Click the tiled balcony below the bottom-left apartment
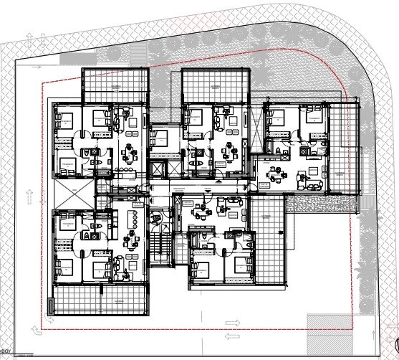100,299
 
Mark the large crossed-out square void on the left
75,194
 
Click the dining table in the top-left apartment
130,153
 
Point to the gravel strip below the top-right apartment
322,204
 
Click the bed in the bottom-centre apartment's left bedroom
201,271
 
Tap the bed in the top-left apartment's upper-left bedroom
66,118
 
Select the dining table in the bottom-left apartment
131,240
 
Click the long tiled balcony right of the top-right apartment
345,147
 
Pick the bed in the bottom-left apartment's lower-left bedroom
66,267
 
